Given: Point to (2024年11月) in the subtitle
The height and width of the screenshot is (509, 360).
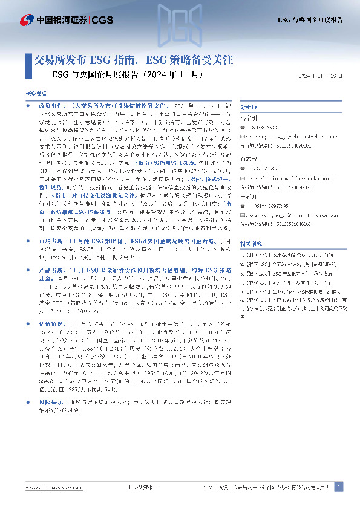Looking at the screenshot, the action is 170,76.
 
